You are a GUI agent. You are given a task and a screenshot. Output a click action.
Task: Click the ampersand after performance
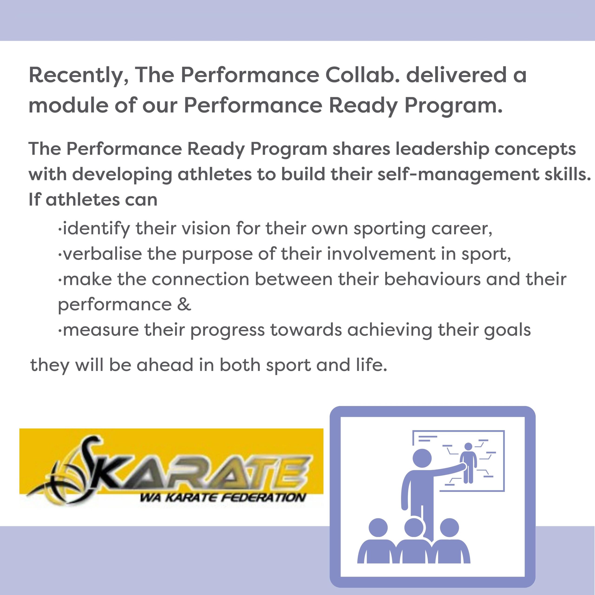point(184,304)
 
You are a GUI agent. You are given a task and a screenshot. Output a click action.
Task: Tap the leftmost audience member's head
point(378,528)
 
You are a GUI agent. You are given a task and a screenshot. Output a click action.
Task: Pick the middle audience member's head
point(414,528)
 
